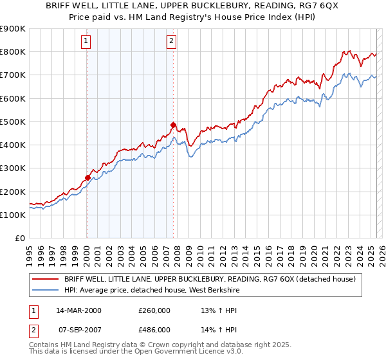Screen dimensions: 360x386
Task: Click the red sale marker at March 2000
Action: pos(87,177)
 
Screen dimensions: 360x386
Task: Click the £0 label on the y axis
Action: pos(20,238)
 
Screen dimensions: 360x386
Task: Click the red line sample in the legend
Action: pos(45,278)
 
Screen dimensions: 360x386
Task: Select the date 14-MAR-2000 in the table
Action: pos(79,310)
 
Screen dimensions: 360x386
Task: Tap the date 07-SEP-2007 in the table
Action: pos(79,329)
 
